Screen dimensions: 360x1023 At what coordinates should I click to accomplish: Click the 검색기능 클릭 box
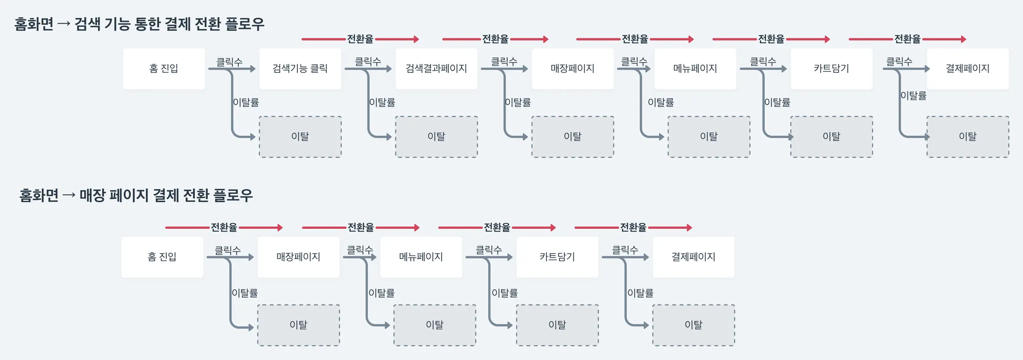pos(300,69)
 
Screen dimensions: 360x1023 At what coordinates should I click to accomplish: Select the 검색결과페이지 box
pos(436,69)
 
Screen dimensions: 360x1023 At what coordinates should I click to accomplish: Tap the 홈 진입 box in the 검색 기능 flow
pos(164,69)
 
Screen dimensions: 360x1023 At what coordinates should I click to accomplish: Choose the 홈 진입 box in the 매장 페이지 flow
pos(162,257)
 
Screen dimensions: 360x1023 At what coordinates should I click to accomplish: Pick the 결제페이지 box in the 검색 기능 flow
pos(968,69)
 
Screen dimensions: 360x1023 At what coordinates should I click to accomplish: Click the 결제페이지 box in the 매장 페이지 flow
pos(693,257)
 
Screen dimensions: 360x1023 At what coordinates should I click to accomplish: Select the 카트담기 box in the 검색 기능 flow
pos(831,69)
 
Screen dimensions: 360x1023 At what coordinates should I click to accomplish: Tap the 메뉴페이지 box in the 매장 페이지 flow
pos(421,257)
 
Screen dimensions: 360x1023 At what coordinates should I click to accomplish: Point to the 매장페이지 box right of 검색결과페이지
pos(572,69)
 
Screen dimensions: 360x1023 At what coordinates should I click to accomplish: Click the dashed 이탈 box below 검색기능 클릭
pos(300,137)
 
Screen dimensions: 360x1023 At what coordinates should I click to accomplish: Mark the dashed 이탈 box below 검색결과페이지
pos(436,137)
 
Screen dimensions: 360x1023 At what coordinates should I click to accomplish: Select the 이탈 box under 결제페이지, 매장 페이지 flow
pos(693,325)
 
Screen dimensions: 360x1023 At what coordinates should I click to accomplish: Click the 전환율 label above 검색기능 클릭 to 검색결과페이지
pos(360,39)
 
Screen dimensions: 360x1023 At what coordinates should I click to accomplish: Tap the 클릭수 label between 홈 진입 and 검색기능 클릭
pos(229,62)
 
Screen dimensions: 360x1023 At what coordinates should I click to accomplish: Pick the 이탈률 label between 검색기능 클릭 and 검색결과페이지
pos(382,102)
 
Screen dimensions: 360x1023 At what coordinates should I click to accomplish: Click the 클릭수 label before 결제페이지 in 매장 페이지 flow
pos(625,250)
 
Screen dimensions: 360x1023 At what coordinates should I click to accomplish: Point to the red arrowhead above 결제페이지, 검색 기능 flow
pos(963,39)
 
